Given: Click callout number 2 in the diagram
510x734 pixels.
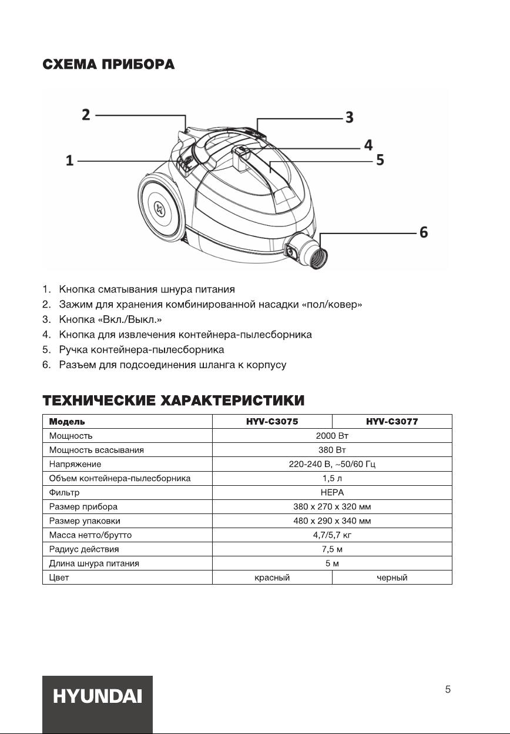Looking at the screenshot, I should [x=86, y=114].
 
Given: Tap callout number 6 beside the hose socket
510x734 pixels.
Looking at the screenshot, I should [x=423, y=233].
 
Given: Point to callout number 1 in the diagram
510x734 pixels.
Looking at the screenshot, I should [x=70, y=161].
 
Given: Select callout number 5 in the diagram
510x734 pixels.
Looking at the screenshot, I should [x=380, y=160].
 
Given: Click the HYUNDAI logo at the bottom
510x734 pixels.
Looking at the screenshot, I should [x=98, y=696].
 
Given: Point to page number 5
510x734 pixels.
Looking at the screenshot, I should [x=448, y=690].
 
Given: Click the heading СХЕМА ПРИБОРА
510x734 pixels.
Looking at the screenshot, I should [x=108, y=64].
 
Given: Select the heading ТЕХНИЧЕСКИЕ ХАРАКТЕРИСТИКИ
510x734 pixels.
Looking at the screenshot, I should [x=173, y=401].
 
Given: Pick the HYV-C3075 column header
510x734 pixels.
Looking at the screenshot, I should [x=272, y=422].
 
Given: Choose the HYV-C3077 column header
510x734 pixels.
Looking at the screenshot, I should [x=392, y=422].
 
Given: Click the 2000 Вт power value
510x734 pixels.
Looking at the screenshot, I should [x=332, y=436].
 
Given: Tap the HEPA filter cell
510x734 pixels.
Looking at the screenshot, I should [x=332, y=492].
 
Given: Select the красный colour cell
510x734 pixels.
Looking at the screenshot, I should [x=272, y=578].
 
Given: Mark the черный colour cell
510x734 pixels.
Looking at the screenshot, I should [x=392, y=578].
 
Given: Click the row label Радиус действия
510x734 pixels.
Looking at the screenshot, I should [x=84, y=549].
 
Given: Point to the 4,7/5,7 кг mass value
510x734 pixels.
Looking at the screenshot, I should [x=332, y=535].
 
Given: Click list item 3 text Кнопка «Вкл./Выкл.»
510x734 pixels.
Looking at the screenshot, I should [x=110, y=319].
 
